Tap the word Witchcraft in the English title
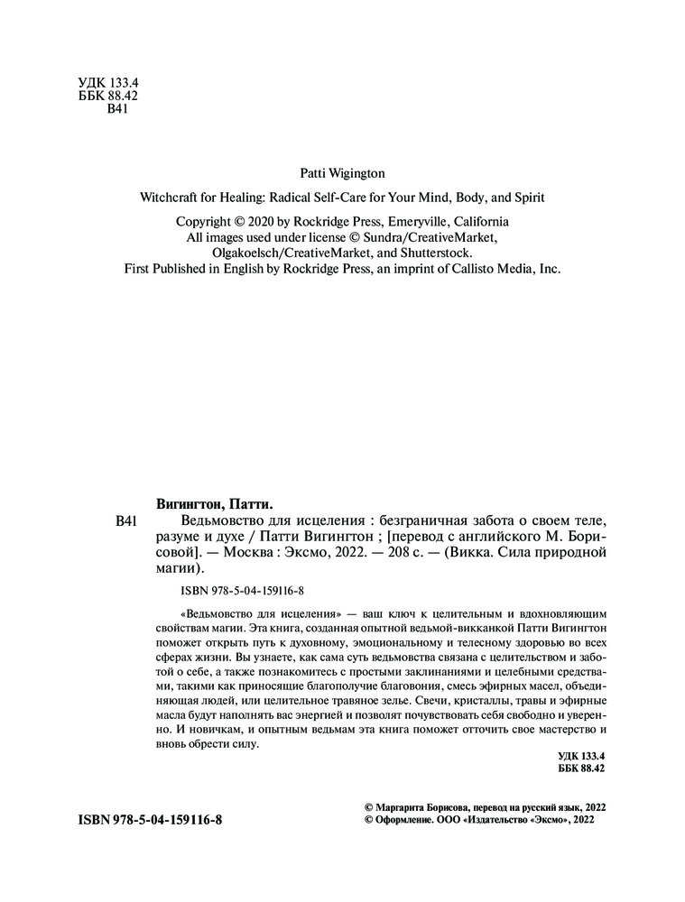pyautogui.click(x=169, y=196)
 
